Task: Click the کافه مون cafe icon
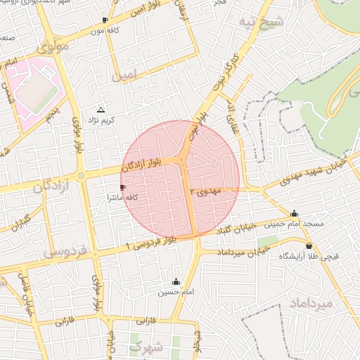(105, 20)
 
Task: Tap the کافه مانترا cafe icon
(124, 188)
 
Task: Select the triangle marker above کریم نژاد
(101, 110)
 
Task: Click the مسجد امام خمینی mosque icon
(294, 214)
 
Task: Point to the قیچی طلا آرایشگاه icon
(288, 246)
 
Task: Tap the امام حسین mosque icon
(176, 281)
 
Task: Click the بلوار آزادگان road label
(146, 165)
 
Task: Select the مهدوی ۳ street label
(211, 191)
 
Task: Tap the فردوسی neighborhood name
(64, 251)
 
